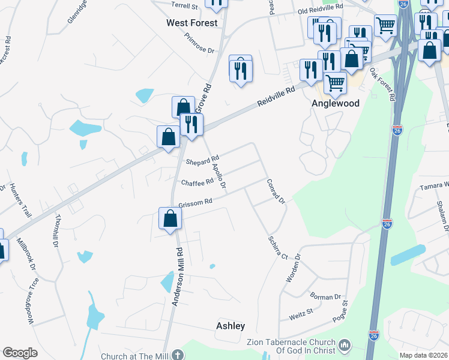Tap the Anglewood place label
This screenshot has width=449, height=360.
pos(336,103)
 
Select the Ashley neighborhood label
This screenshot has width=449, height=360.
pos(231,326)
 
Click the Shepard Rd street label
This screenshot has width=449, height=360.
pos(202,161)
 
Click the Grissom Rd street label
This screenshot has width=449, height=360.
pos(196,202)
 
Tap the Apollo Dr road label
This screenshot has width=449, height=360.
pos(218,175)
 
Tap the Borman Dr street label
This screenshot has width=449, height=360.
pos(325,296)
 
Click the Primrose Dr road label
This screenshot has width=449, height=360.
pos(199,43)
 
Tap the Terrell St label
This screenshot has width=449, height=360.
pos(184,6)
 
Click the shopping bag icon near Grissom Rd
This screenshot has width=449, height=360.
pos(170,220)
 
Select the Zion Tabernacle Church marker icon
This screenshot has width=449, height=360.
pos(345,346)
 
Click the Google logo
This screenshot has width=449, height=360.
pos(20,353)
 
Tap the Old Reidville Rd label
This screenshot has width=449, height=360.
pos(321,9)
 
